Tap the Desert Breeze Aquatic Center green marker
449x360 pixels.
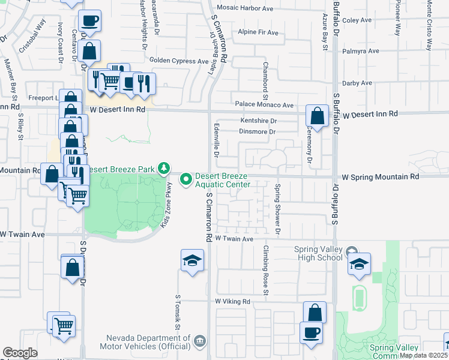[x=186, y=179]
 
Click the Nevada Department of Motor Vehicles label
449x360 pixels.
[x=148, y=343]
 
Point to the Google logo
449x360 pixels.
[x=20, y=353]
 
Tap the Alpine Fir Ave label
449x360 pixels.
[x=260, y=32]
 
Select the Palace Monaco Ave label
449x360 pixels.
[x=264, y=104]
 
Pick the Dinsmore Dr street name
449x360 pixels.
[x=257, y=131]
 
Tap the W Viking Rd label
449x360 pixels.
[x=232, y=301]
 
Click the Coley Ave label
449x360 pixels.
[x=358, y=20]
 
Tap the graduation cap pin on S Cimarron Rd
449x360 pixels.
[x=193, y=261]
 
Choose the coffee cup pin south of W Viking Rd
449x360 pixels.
[x=311, y=332]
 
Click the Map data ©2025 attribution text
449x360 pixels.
[x=423, y=355]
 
